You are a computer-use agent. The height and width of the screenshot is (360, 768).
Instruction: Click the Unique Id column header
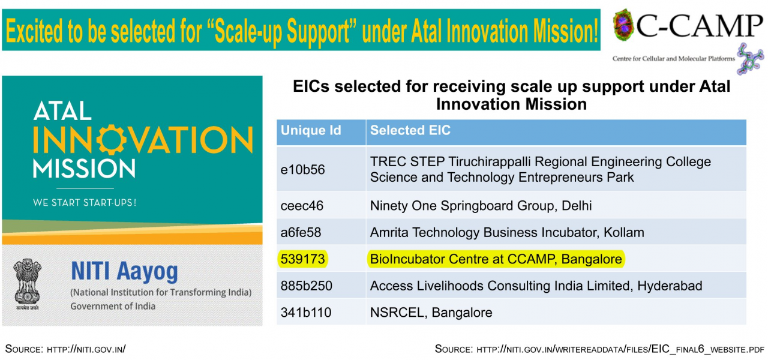[x=311, y=131]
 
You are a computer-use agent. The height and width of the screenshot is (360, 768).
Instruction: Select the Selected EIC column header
[x=410, y=131]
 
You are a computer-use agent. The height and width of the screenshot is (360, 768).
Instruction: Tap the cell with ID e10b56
[x=302, y=170]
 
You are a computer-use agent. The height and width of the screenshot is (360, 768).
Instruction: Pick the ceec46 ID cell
[x=302, y=206]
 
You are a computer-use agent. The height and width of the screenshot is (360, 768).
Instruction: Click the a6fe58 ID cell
[x=301, y=232]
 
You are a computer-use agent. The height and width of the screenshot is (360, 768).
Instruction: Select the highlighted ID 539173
[x=302, y=259]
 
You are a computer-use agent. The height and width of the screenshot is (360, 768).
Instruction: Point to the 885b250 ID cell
[x=306, y=286]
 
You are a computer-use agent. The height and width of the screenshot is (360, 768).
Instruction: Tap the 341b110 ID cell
[x=306, y=313]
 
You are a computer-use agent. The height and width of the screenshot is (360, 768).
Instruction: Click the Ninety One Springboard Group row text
[x=481, y=206]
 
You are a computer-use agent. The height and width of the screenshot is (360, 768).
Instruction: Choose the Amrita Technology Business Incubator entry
[x=507, y=232]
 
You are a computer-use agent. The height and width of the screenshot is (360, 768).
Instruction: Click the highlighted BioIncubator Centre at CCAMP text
[x=496, y=259]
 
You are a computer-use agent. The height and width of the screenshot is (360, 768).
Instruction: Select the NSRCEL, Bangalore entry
[x=431, y=313]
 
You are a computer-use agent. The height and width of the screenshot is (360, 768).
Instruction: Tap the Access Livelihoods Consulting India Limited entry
[x=536, y=286]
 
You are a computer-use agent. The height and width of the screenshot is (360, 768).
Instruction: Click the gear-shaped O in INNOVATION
[x=111, y=140]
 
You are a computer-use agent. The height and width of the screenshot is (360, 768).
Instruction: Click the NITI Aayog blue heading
[x=124, y=272]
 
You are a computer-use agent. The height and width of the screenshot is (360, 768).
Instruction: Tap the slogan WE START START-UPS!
[x=85, y=203]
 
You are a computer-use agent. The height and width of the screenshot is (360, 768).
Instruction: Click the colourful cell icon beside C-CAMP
[x=623, y=25]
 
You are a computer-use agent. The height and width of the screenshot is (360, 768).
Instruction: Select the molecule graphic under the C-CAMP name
[x=751, y=59]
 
